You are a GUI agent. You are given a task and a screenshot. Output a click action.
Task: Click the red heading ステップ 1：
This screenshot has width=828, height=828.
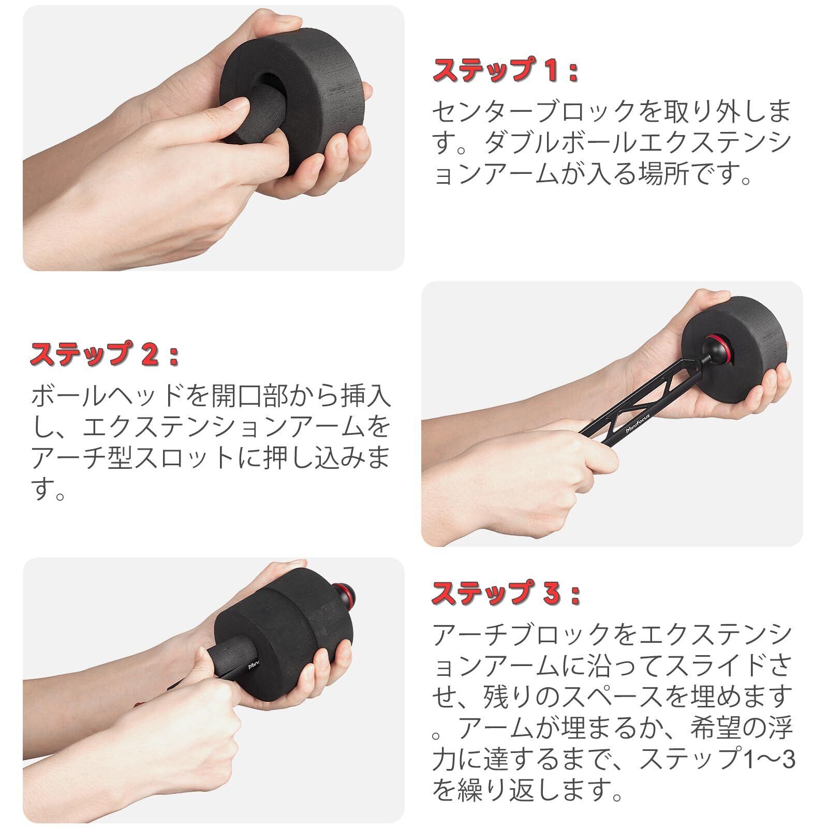click(505, 71)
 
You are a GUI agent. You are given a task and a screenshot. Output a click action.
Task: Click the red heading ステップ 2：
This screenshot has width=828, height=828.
click(105, 355)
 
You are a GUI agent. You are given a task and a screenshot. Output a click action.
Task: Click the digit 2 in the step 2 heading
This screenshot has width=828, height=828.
click(147, 356)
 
